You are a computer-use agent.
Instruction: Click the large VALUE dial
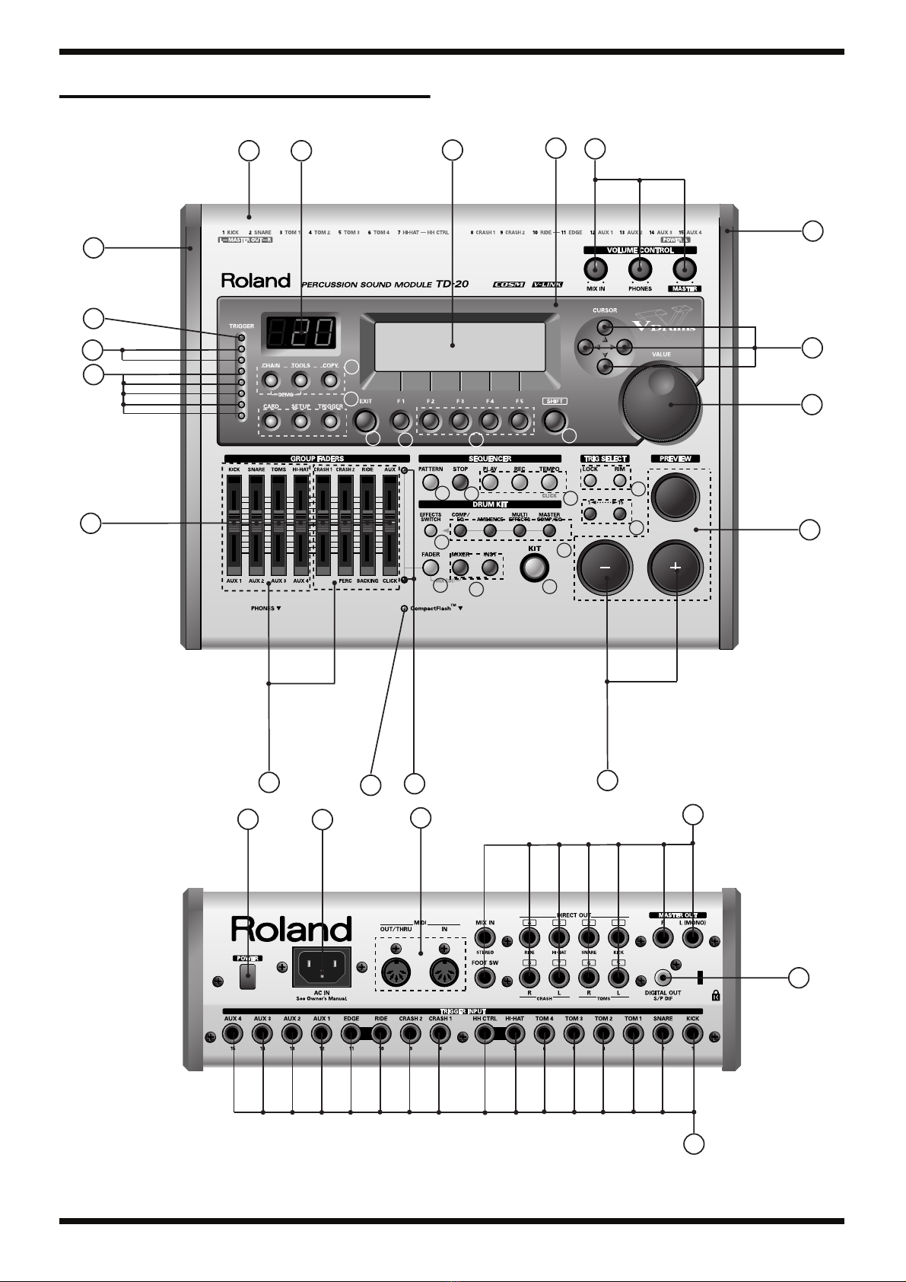pos(661,403)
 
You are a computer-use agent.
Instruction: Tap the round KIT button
pos(535,567)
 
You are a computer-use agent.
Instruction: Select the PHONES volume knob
pos(641,269)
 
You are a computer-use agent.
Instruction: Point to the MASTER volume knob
pos(685,269)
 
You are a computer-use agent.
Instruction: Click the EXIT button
pos(365,420)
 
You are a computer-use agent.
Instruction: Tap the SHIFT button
pos(554,420)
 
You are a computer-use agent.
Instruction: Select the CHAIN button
pos(271,379)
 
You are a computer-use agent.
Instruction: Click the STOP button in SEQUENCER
pos(459,482)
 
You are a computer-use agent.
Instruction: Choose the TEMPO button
pos(549,482)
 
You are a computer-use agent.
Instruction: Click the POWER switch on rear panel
pos(246,977)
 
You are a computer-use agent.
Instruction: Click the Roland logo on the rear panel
pos(291,930)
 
